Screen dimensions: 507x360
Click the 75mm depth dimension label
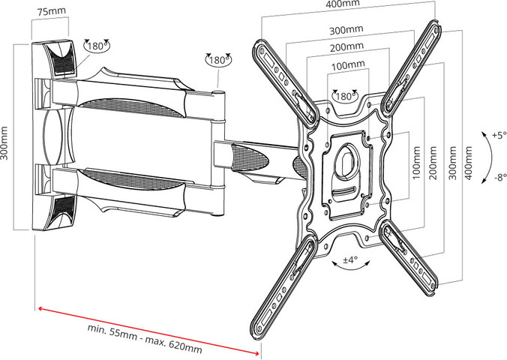tap(52, 12)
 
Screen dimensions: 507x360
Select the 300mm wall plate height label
tap(4, 143)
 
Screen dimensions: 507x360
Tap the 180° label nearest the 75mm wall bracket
tap(96, 46)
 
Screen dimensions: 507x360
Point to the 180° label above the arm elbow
tap(218, 60)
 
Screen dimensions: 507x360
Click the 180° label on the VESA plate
tap(345, 96)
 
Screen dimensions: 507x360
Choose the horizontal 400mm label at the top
tap(343, 4)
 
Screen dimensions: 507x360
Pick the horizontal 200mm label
tap(346, 47)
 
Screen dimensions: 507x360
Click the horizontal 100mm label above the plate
tap(348, 66)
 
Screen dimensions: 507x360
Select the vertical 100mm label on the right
tap(416, 163)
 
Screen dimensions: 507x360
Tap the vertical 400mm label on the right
tap(468, 163)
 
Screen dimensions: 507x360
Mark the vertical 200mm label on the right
tap(433, 163)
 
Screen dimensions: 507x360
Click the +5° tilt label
tap(499, 135)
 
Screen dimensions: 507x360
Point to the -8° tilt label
tap(500, 177)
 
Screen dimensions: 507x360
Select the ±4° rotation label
tap(350, 259)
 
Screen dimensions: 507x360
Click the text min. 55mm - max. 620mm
tap(145, 338)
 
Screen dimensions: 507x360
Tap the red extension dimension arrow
tap(149, 331)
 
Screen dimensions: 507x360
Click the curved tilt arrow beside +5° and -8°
tap(491, 157)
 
